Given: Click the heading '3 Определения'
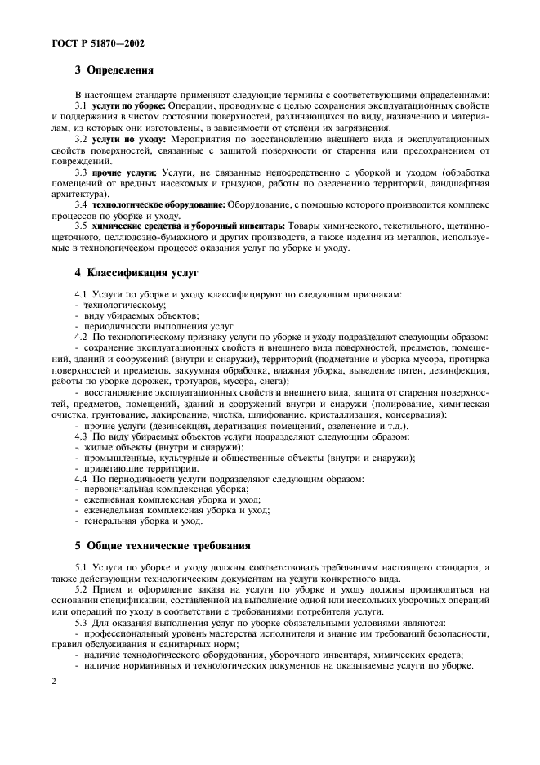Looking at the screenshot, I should (116, 70).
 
